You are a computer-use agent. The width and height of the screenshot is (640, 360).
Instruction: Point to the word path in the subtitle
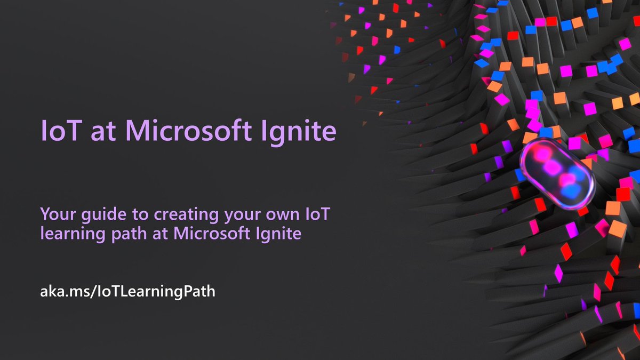coord(118,234)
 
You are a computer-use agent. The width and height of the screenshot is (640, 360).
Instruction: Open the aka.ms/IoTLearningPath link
coord(128,292)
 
